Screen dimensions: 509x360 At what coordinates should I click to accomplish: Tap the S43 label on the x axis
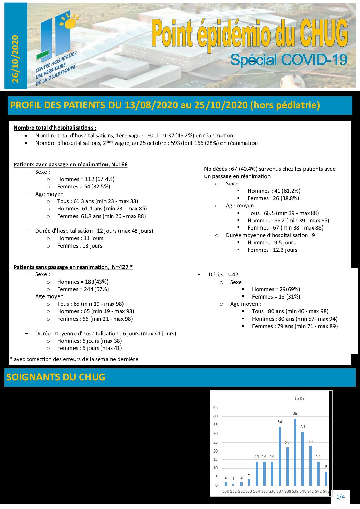[326, 491]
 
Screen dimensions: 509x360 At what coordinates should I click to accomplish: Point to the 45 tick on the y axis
[215, 407]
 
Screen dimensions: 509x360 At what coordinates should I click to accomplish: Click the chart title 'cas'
[299, 398]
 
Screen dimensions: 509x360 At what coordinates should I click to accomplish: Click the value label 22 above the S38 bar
[287, 442]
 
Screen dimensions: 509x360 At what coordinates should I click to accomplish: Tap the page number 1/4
[340, 497]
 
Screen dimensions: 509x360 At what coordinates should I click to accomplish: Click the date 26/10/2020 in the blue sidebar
[15, 58]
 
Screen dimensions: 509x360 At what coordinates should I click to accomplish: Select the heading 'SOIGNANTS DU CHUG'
[56, 377]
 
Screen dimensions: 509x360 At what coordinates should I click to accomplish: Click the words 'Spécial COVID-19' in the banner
[289, 60]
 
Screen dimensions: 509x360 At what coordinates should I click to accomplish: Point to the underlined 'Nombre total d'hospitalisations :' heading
[55, 128]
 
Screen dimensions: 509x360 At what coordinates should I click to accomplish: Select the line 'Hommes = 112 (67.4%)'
[86, 179]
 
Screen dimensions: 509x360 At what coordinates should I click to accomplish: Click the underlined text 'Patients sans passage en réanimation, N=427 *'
[73, 267]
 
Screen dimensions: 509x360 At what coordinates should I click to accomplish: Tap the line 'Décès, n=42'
[223, 274]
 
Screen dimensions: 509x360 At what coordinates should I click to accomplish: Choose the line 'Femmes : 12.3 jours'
[272, 250]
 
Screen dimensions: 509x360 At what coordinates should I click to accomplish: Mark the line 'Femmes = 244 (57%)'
[83, 289]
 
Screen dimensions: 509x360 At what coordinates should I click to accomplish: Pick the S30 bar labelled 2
[226, 483]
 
